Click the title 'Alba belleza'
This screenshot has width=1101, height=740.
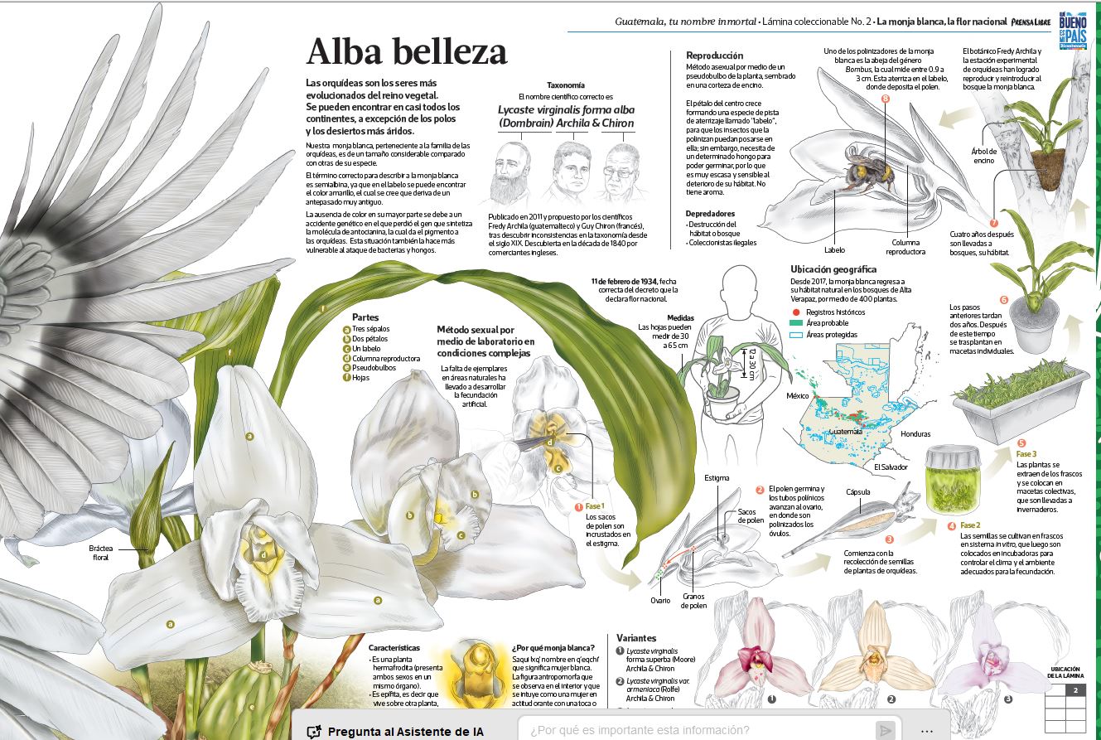[x=406, y=52]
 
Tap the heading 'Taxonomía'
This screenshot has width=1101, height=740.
[x=566, y=85]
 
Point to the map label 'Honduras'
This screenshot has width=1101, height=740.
[x=915, y=434]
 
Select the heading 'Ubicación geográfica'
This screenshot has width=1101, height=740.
[x=833, y=269]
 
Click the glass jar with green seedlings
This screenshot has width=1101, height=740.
[x=954, y=481]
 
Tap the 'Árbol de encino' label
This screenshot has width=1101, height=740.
[x=983, y=155]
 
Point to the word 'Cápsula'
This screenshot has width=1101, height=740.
[x=857, y=492]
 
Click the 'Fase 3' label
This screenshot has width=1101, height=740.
[x=1026, y=454]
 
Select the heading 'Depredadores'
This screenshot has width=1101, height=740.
[x=711, y=213]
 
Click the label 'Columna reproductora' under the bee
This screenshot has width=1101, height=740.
[x=905, y=247]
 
